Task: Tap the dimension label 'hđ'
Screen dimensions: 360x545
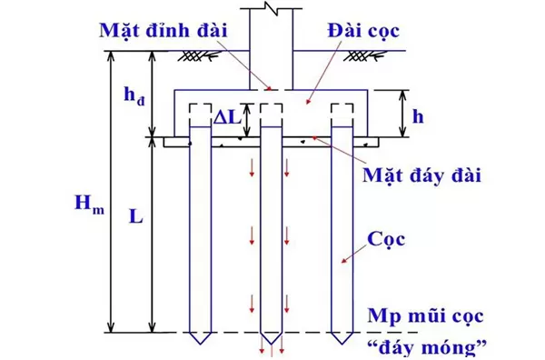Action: tap(132, 94)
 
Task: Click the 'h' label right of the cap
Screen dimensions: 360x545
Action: tap(417, 116)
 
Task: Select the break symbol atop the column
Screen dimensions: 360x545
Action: tap(272, 11)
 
